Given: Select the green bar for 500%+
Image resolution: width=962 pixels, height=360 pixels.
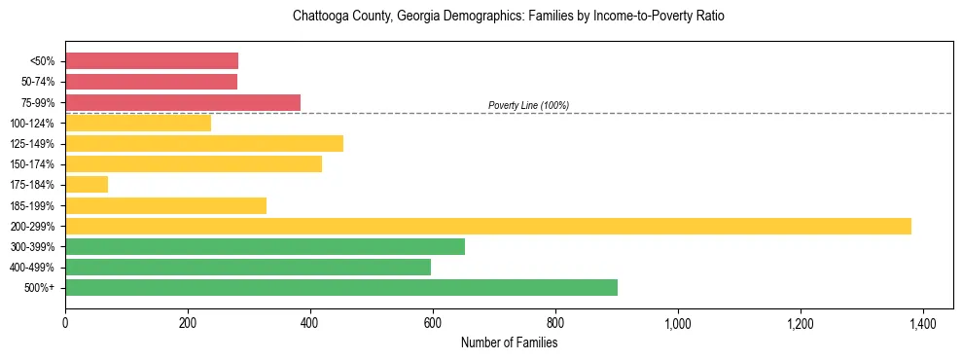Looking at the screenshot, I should (341, 287).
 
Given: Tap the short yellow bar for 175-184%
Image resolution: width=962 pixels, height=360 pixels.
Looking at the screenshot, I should (87, 184).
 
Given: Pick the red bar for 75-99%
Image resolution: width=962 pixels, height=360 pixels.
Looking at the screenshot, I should (183, 102).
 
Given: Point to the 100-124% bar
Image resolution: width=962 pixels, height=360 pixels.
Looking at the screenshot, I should (138, 123).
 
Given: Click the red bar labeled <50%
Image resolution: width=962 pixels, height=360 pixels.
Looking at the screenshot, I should (152, 60).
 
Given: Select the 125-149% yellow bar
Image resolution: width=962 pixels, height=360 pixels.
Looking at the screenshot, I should (204, 143).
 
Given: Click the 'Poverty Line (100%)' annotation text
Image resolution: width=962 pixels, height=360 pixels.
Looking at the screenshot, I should (528, 105).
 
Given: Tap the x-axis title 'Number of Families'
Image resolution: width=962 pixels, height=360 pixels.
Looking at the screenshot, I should (509, 342).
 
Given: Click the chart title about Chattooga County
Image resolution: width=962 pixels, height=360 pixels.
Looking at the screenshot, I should (509, 17).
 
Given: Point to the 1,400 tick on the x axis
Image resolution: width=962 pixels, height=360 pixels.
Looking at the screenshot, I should (923, 322).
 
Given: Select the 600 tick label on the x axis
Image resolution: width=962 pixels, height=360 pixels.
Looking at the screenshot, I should (433, 322).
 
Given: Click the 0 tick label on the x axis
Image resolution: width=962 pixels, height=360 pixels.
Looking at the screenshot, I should (65, 322).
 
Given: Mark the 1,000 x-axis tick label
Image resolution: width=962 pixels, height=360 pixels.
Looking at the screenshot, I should (678, 322).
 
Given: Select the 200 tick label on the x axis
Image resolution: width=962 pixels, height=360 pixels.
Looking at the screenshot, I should (188, 322).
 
